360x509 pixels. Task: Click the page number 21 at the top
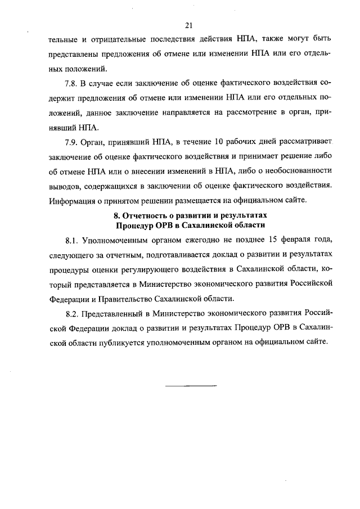[x=188, y=25]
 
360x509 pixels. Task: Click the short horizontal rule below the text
[x=191, y=386]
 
